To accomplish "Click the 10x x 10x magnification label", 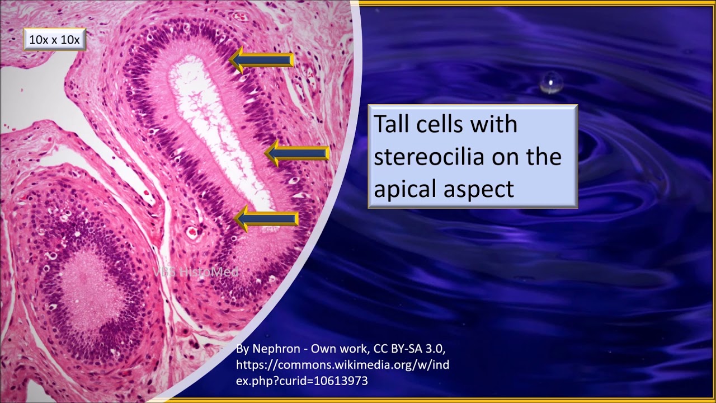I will point(54,40).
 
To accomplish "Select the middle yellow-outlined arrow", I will point(297,153).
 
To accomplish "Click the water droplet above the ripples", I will point(551,82).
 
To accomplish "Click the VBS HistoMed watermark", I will point(196,272).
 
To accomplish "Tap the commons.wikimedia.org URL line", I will point(342,365).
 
